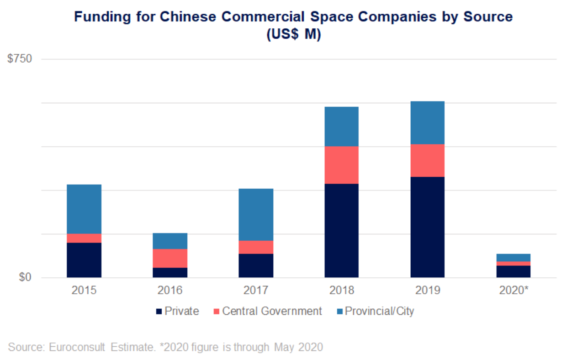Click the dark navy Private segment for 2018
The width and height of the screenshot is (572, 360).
coord(341,230)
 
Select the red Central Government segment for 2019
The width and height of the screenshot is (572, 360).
coord(427,160)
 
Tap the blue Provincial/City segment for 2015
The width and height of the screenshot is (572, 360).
coord(84,209)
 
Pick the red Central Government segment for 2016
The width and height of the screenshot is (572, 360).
coord(170,258)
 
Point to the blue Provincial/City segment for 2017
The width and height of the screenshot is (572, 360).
coord(256,214)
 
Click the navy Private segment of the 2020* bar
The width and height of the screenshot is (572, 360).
coord(514,271)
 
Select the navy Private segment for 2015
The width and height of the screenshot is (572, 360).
coord(84,260)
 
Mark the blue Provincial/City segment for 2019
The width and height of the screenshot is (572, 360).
coord(427,122)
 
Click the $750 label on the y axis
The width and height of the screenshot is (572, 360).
coord(20,59)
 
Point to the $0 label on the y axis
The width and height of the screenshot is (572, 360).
coord(25,278)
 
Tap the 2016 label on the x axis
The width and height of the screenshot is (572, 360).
coord(170,291)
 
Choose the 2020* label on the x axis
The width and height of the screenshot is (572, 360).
coord(514,291)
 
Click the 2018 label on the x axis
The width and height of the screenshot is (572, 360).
coord(341,291)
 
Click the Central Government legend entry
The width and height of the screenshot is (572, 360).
coord(272,312)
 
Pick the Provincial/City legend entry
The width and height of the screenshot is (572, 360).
coord(379,312)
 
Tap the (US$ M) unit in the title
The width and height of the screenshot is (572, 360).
coord(293,35)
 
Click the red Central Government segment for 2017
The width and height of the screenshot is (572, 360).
coord(256,247)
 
